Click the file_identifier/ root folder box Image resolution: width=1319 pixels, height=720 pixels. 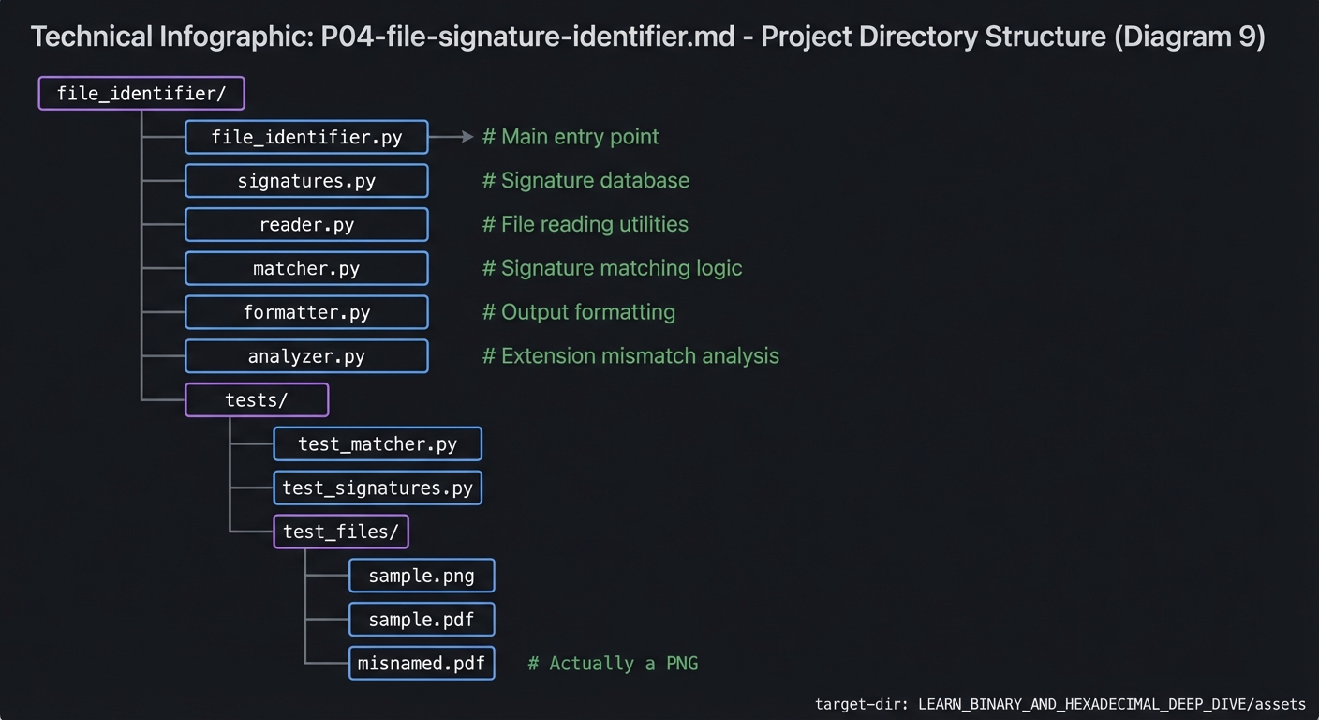pos(141,94)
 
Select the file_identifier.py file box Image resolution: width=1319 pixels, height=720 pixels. pos(306,137)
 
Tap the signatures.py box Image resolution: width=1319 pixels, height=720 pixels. pos(306,181)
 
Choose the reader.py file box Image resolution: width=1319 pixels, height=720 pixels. pos(306,225)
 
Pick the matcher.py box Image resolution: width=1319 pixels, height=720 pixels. pos(306,269)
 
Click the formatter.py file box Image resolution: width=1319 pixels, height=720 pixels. pos(306,312)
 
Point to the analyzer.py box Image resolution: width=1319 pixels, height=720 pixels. pos(306,356)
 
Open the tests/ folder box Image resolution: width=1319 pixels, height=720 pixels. pos(257,400)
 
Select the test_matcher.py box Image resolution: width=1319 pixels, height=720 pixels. pos(378,444)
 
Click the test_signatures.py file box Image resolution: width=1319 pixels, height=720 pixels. pos(378,488)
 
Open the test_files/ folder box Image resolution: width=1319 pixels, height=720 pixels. pos(341,532)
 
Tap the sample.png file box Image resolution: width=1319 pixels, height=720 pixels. pos(422,576)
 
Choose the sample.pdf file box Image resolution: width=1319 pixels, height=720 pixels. pos(422,620)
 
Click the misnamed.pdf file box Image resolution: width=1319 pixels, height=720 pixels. pos(422,664)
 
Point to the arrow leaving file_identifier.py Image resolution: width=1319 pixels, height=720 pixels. pos(452,137)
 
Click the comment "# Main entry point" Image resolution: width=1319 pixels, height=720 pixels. pos(571,137)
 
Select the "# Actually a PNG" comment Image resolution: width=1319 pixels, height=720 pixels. pos(613,664)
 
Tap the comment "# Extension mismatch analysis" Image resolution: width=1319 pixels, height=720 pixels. pos(630,356)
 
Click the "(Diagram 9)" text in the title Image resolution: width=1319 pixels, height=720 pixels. pos(1189,37)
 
